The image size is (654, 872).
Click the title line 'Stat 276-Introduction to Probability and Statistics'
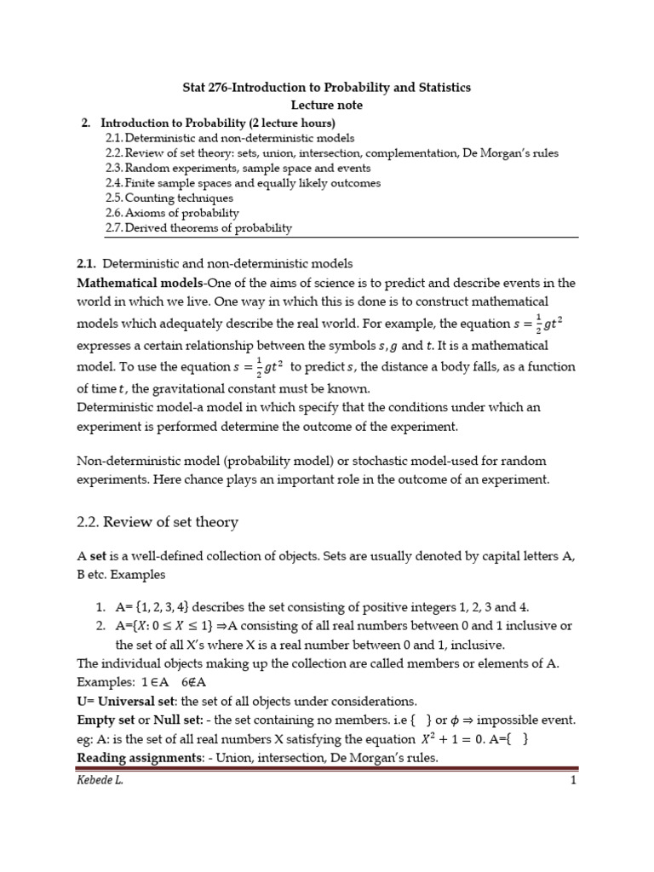click(327, 88)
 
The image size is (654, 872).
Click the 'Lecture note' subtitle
click(327, 105)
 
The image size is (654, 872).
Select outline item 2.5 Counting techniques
click(169, 198)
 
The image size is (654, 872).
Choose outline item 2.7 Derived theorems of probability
click(198, 227)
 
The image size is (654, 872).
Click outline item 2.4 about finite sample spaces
click(243, 182)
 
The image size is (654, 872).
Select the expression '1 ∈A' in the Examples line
click(141, 683)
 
